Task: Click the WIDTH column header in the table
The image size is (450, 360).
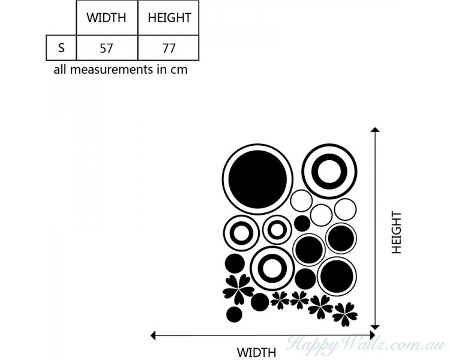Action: click(x=107, y=17)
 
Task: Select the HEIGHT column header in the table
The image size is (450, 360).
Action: click(x=169, y=17)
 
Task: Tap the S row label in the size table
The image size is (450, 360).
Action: click(x=61, y=48)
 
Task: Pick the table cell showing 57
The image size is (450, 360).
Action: click(x=107, y=48)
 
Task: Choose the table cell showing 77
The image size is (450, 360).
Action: click(x=169, y=48)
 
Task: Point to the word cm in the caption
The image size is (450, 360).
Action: click(x=179, y=70)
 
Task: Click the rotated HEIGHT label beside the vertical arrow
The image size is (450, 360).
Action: click(x=397, y=232)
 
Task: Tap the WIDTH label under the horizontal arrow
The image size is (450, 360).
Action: click(x=256, y=352)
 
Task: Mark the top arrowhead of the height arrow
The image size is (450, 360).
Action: click(x=375, y=130)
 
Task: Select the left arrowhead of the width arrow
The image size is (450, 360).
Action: click(x=153, y=335)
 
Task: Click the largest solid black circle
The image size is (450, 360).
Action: click(x=257, y=178)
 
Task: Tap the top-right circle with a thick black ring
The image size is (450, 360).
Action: click(x=329, y=171)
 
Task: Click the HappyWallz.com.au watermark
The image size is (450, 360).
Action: click(x=366, y=345)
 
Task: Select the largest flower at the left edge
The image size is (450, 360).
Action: click(x=238, y=289)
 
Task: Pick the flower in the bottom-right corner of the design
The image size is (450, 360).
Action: click(x=345, y=313)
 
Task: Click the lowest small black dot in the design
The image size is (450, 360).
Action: click(x=234, y=314)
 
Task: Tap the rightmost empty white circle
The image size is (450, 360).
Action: click(x=345, y=209)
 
